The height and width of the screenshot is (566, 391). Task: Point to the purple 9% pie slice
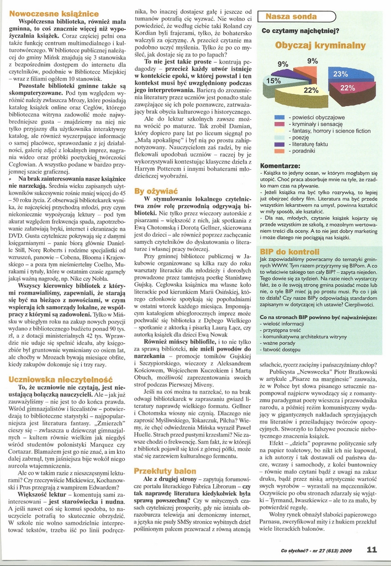(289, 72)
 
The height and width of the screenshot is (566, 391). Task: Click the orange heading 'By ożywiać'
(155, 191)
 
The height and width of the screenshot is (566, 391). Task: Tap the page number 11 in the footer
(372, 549)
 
